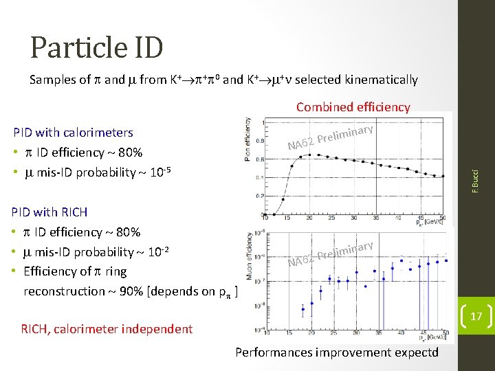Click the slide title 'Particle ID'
96,47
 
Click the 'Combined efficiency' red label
353,107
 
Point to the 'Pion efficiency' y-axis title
248,139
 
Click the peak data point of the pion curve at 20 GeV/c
309,155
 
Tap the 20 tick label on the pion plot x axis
309,217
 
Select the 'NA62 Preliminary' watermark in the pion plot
330,136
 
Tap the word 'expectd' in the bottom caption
415,352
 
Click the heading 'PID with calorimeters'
74,132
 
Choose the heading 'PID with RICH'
50,212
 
